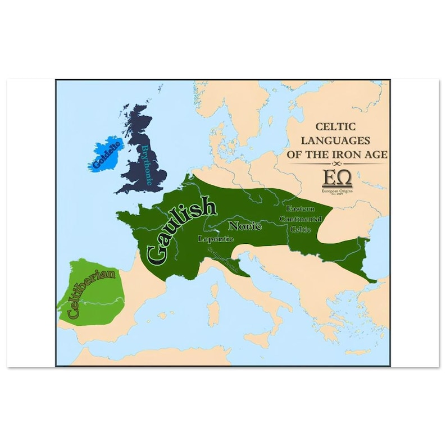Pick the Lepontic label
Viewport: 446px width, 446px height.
(216, 239)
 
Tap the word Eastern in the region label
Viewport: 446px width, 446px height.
(300, 208)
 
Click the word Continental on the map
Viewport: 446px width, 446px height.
(301, 219)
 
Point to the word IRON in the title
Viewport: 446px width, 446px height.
(355, 153)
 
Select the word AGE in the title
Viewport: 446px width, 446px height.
(376, 153)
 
